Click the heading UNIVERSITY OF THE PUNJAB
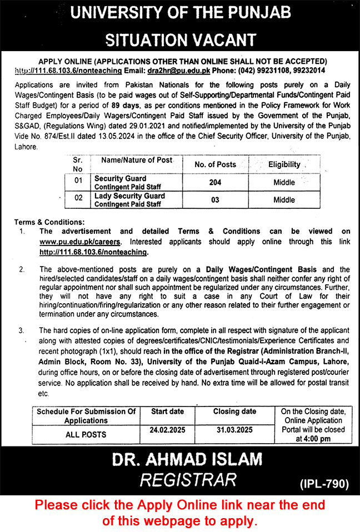[x=180, y=14]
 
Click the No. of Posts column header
[x=215, y=164]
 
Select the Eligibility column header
[x=284, y=164]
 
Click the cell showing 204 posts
[x=215, y=182]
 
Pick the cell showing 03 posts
[x=215, y=200]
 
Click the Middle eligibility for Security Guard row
[x=284, y=182]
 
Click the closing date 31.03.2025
[x=234, y=430]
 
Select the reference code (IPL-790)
[x=324, y=484]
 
